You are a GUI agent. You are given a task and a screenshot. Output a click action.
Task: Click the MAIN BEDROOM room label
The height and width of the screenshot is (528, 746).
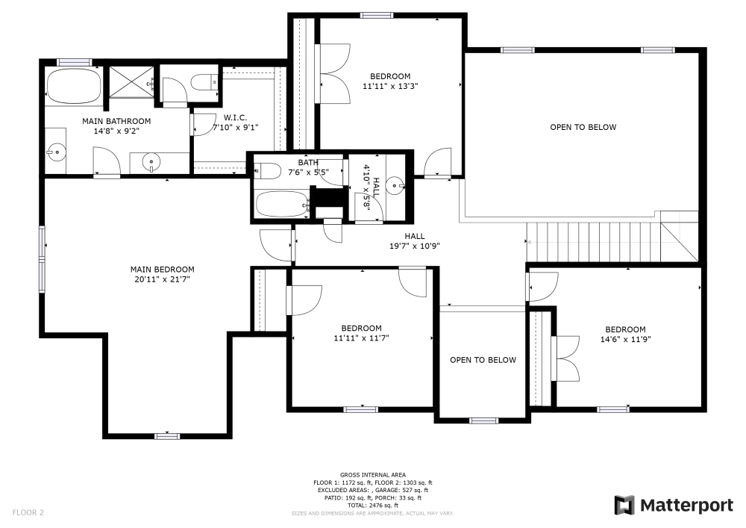point(162,270)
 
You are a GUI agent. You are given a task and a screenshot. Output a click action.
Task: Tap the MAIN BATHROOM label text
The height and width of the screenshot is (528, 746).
point(116,121)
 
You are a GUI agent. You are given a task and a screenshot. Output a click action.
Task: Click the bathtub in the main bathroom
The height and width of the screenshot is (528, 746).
point(73,87)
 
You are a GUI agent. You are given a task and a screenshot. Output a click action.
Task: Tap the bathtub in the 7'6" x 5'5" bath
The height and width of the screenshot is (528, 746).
point(281,203)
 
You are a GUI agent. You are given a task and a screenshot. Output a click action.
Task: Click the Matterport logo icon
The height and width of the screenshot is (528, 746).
point(624,506)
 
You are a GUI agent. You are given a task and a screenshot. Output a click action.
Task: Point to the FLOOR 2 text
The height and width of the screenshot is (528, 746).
point(28,512)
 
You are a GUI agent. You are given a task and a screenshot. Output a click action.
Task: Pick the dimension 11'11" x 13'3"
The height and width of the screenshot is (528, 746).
point(390,86)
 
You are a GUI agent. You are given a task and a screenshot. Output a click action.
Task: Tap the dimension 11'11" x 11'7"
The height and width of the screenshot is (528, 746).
point(362,338)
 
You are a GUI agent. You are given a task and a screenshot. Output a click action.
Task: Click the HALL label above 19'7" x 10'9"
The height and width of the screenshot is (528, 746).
point(414,236)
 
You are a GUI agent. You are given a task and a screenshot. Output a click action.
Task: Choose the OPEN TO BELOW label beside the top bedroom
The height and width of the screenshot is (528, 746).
point(583,127)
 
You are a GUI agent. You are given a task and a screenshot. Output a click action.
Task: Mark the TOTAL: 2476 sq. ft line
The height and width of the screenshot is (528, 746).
point(372,506)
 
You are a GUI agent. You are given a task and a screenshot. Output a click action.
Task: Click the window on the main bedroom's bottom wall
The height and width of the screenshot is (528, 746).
point(167,435)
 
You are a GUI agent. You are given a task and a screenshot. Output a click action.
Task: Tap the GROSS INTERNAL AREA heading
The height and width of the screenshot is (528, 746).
point(372,475)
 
